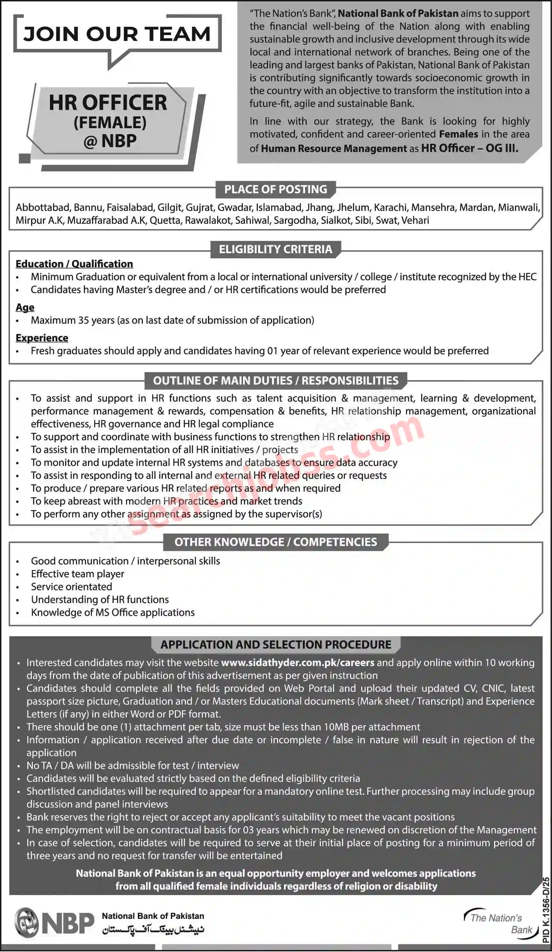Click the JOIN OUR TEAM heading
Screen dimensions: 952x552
click(117, 34)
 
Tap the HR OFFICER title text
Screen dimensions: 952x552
click(108, 103)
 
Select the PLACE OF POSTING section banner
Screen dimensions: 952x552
click(276, 189)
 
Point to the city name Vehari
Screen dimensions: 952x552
click(415, 220)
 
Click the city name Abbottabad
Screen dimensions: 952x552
click(43, 208)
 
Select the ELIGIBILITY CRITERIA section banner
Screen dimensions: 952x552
click(276, 249)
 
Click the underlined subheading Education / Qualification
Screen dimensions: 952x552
click(74, 264)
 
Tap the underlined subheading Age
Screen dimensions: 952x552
click(25, 307)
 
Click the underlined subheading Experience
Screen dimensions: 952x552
click(42, 338)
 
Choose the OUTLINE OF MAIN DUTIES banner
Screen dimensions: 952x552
click(276, 380)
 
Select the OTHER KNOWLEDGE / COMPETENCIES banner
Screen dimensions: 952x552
click(276, 542)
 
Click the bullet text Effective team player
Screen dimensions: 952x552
click(77, 574)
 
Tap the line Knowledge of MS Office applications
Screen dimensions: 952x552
click(113, 612)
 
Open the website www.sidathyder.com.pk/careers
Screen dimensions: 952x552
click(297, 663)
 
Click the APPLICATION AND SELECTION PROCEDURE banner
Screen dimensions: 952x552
click(276, 644)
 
